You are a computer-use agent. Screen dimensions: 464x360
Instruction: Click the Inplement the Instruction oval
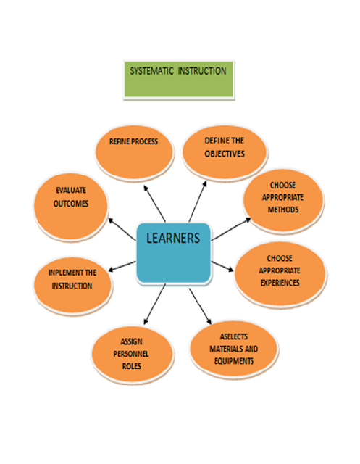pyautogui.click(x=72, y=280)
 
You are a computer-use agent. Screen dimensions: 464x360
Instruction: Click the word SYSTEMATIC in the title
pyautogui.click(x=153, y=71)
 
